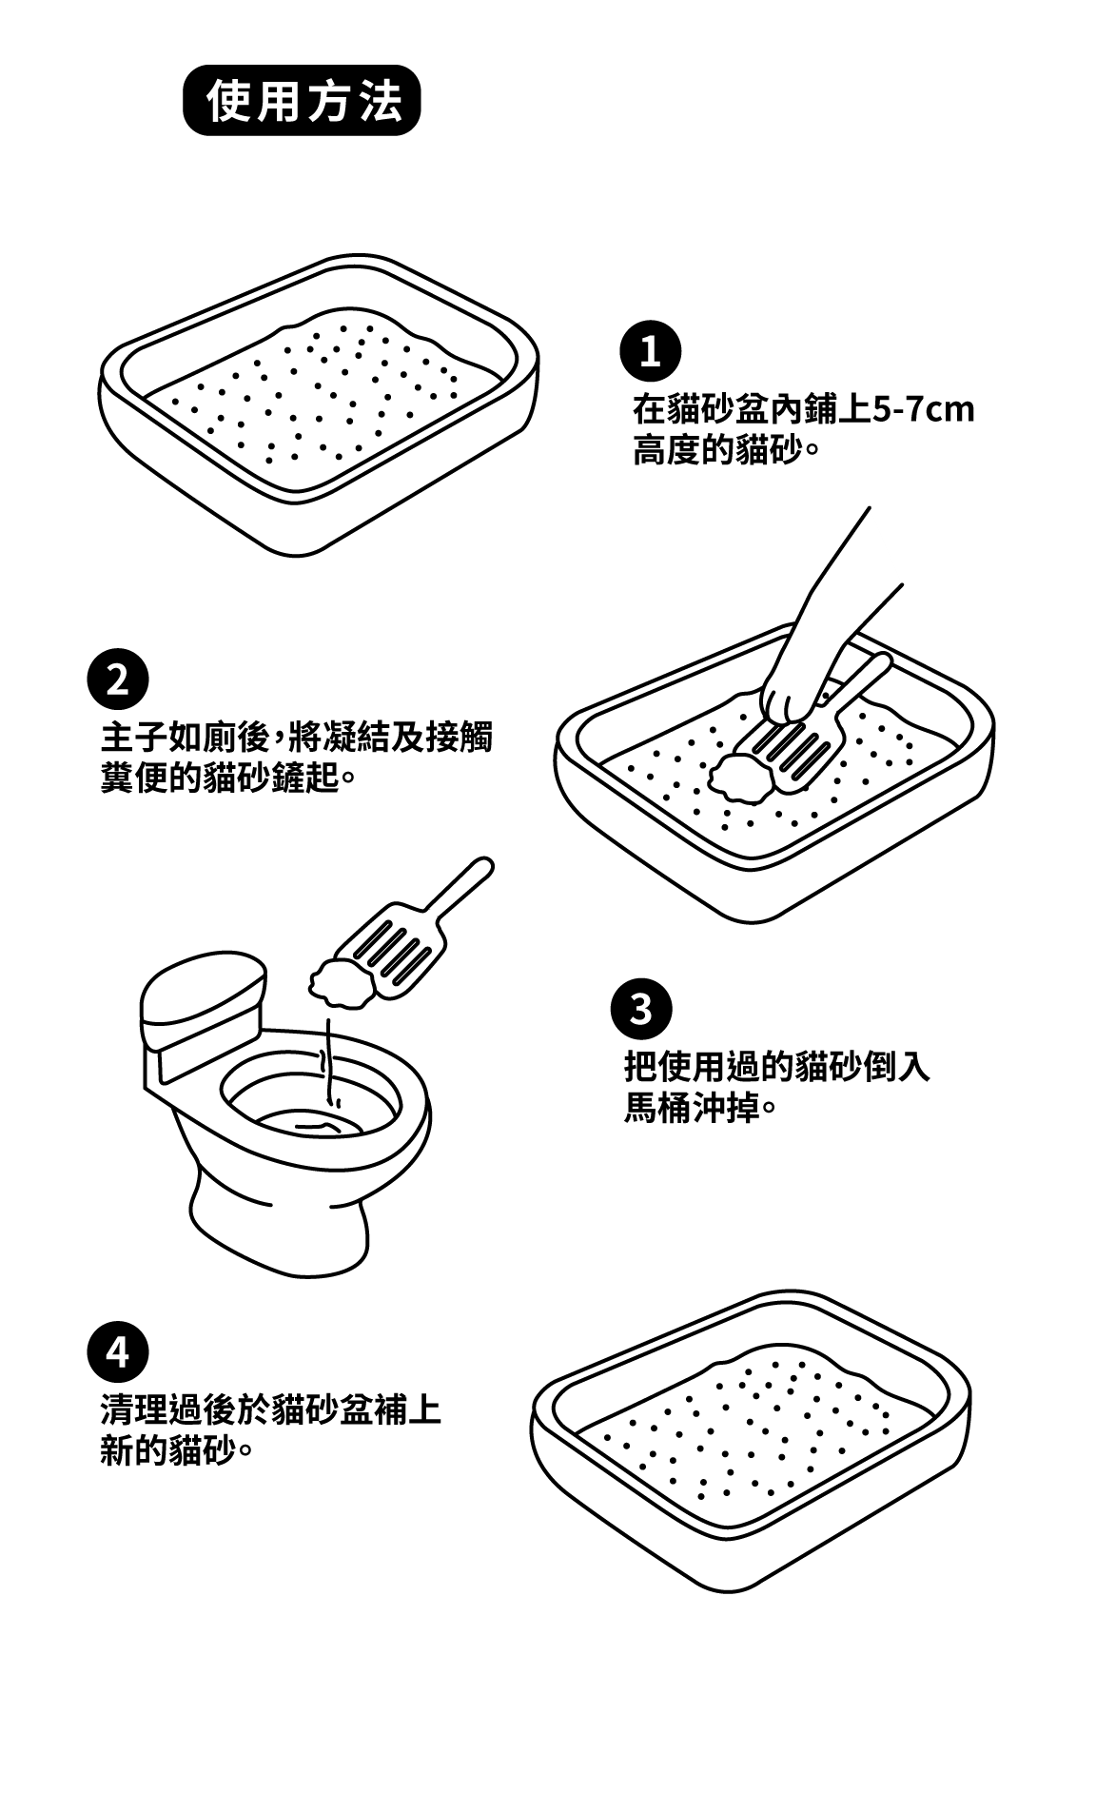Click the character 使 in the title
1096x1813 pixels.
tap(229, 101)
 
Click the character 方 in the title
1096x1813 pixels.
tap(331, 101)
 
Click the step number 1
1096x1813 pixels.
tap(650, 352)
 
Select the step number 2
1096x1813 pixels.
tap(117, 680)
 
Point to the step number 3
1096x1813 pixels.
tap(640, 1010)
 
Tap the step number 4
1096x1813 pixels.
tap(117, 1352)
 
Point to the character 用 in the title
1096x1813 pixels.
tap(280, 101)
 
